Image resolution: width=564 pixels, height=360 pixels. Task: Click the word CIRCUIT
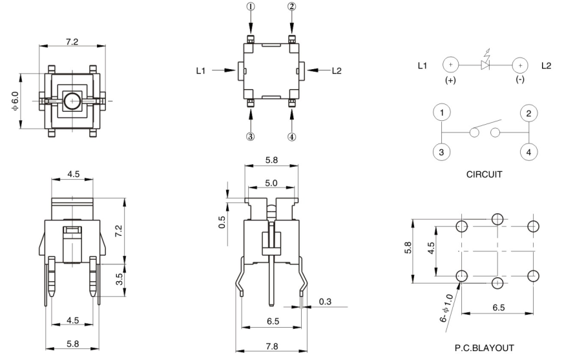pos(485,175)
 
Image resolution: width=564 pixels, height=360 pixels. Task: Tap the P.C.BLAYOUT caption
pos(485,348)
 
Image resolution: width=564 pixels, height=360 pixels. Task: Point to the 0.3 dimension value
pos(325,301)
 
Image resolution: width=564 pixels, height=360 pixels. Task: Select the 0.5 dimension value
pos(222,222)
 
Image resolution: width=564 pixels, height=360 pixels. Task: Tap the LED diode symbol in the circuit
pos(485,65)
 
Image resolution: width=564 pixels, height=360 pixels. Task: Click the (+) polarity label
pos(450,81)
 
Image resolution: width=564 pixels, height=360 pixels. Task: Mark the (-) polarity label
pos(519,81)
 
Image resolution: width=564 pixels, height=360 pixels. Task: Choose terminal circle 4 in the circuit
pos(528,153)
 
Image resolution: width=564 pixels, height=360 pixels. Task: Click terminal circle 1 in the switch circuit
pos(441,112)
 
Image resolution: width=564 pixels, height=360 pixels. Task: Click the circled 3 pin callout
pos(251,136)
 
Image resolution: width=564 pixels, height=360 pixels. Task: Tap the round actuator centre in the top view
pos(72,101)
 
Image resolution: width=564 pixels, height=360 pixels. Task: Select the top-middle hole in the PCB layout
pos(497,218)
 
